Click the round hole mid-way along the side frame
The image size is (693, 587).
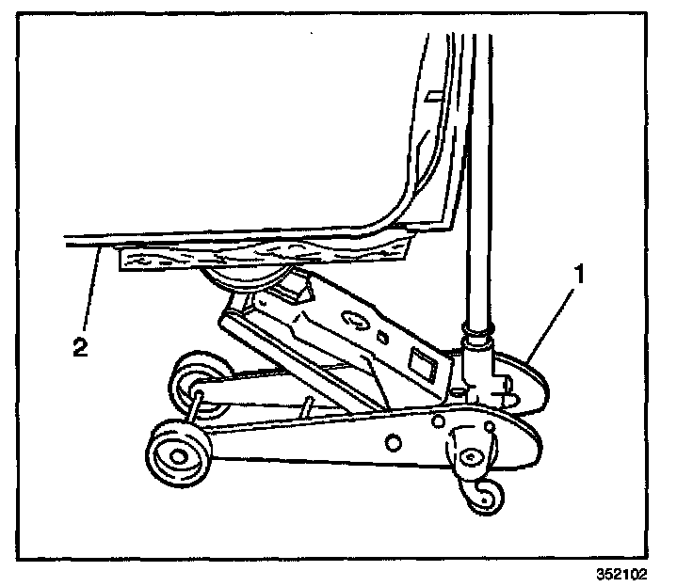coord(393,441)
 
